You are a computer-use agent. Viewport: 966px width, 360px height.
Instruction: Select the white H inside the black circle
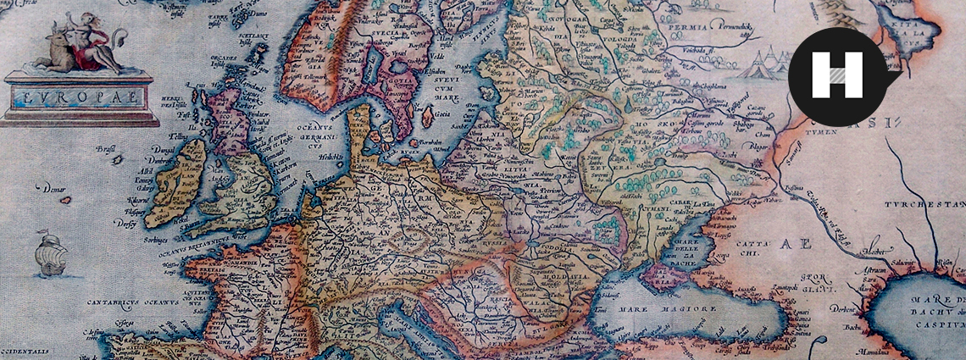tap(836, 75)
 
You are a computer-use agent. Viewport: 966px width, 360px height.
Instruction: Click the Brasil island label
tap(106, 148)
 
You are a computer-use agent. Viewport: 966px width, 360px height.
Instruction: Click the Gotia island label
tap(441, 114)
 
